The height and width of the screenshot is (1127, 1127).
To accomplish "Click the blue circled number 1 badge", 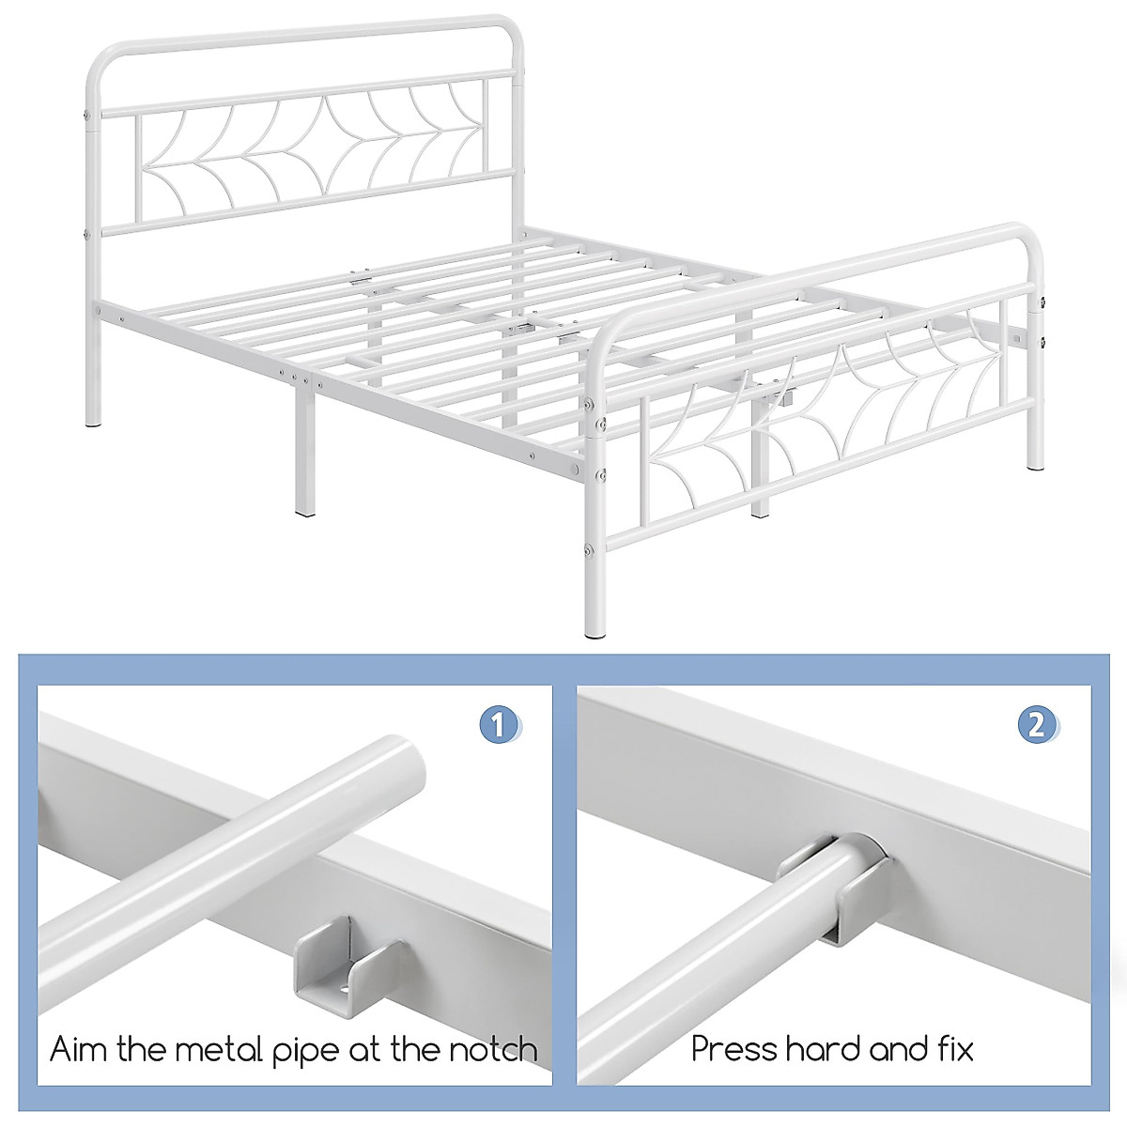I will tap(500, 725).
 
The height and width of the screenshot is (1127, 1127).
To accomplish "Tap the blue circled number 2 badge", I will tap(1037, 725).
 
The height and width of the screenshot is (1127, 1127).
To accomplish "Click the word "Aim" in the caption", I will tap(79, 1049).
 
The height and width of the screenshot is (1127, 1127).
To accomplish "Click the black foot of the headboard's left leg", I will tap(92, 425).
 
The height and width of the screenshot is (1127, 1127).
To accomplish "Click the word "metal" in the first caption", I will tap(206, 1049).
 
